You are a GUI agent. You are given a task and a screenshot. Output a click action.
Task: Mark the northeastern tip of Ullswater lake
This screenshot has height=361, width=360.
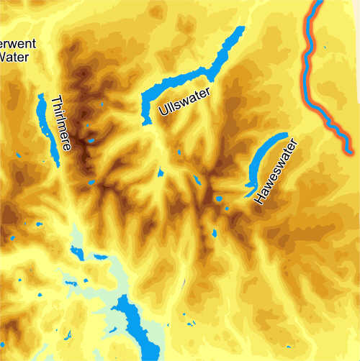[243, 29]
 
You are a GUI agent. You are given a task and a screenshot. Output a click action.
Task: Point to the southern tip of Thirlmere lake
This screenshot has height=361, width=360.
[56, 166]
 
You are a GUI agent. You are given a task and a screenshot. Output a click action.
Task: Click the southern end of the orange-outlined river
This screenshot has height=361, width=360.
[349, 152]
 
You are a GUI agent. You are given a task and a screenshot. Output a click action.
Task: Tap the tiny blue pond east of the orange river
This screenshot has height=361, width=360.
[325, 49]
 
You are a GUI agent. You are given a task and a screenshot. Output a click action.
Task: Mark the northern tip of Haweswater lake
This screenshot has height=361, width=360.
[286, 134]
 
